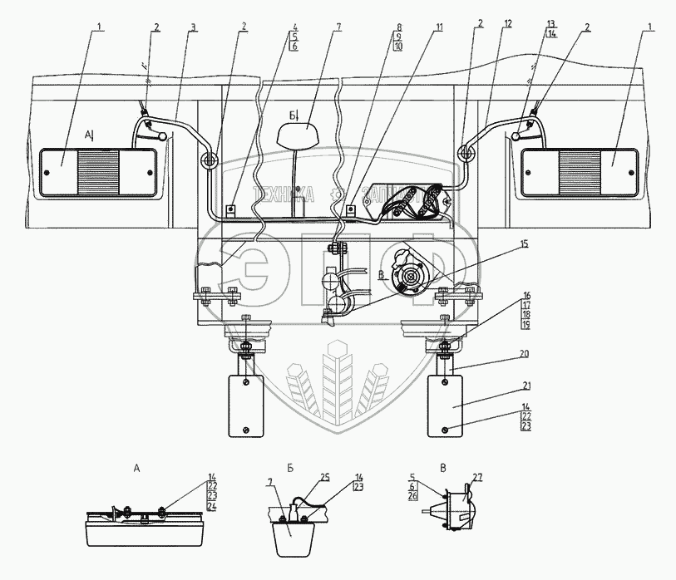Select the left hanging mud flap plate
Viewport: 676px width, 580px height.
click(245, 405)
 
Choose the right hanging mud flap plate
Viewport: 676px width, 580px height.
click(446, 405)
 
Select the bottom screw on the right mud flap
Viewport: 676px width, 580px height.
click(446, 429)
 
